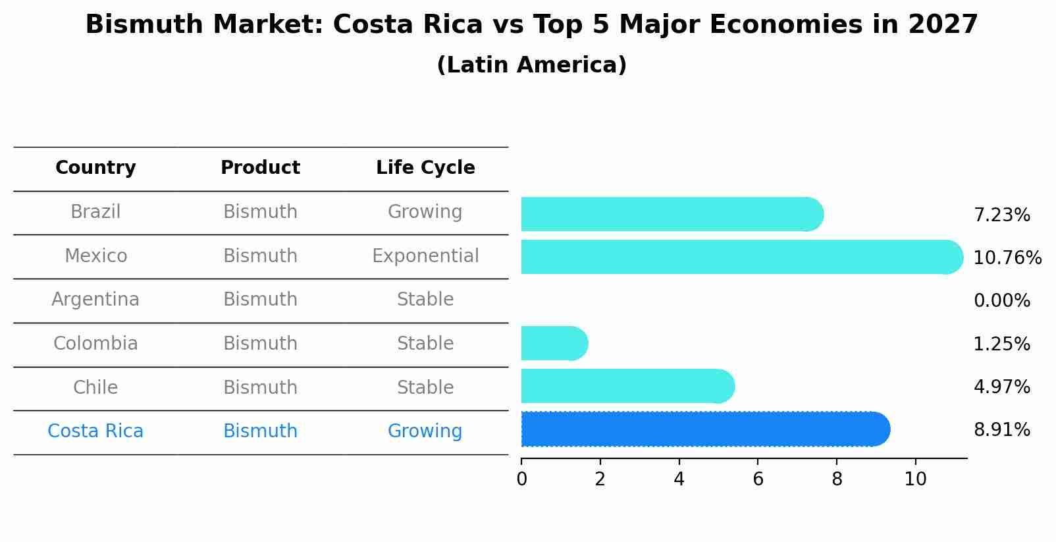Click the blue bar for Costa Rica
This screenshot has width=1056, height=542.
click(704, 429)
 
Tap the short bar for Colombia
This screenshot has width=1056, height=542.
click(553, 343)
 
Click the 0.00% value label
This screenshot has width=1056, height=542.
click(1001, 301)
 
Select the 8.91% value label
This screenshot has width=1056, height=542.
click(1001, 430)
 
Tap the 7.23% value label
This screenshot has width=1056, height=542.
click(1001, 215)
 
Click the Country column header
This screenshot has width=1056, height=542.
click(95, 168)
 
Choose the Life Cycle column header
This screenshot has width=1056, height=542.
click(425, 168)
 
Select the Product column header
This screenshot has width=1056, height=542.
click(260, 168)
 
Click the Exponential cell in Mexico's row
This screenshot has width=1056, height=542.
click(425, 256)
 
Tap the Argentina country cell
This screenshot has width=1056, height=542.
click(95, 300)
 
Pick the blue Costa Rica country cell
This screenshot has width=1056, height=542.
click(95, 431)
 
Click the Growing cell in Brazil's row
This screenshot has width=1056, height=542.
click(425, 212)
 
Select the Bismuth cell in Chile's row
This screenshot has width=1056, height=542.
click(260, 388)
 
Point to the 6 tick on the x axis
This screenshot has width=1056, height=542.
click(758, 479)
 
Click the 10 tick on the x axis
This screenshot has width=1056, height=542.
click(915, 479)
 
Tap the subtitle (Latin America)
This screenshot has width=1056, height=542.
click(531, 65)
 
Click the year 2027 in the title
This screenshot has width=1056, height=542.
click(942, 25)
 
